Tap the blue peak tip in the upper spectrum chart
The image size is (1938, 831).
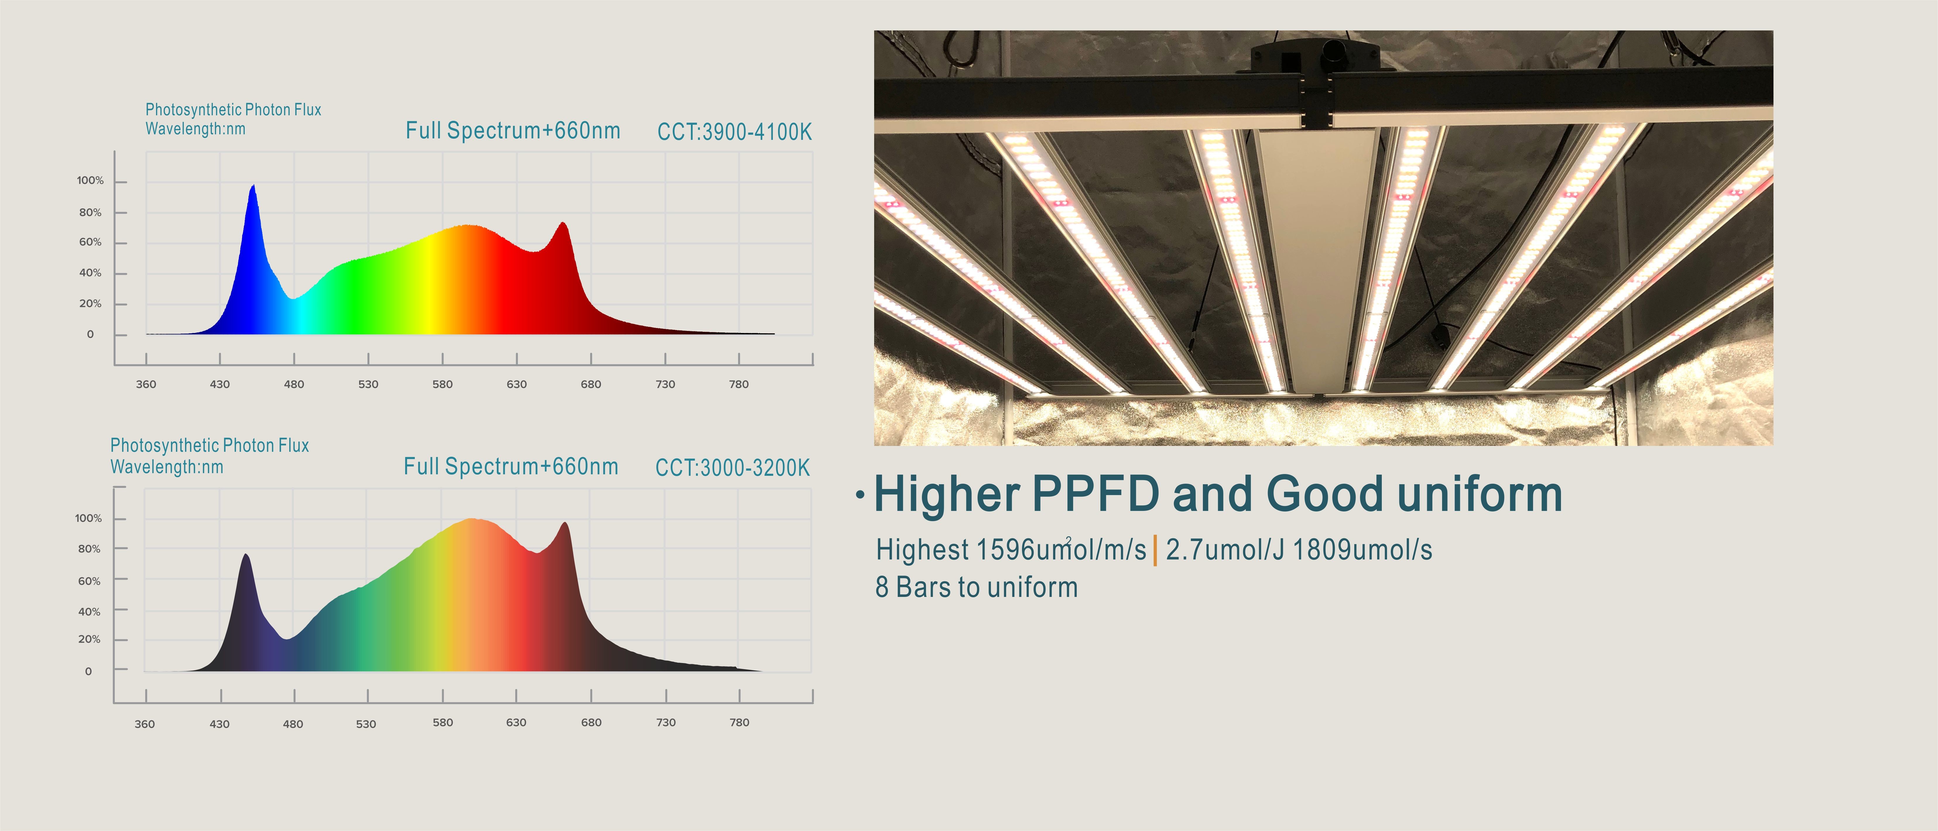tap(253, 186)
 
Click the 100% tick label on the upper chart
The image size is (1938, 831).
tap(90, 181)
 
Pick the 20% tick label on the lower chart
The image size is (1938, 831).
tap(90, 639)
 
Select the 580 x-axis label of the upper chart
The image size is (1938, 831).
tap(442, 384)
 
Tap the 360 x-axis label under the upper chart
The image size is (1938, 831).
tap(146, 384)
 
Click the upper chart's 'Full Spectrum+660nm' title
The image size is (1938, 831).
tap(513, 131)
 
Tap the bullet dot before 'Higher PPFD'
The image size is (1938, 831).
tap(860, 496)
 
